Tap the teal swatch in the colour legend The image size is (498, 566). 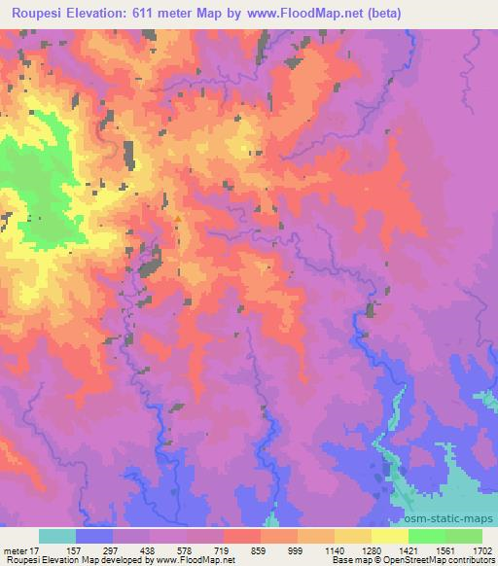[x=57, y=536]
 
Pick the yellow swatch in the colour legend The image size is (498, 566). [x=389, y=536]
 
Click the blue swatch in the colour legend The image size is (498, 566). [x=94, y=536]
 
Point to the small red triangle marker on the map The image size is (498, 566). [x=177, y=219]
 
